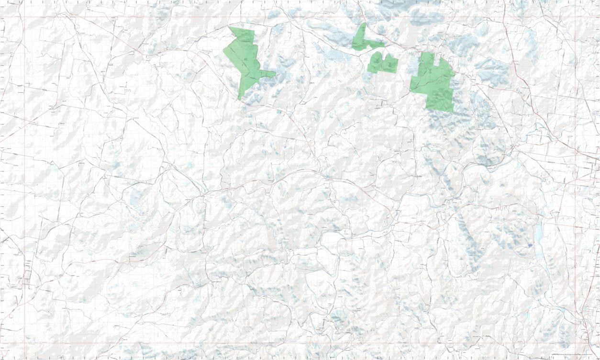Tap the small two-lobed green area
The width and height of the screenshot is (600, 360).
(x=382, y=64)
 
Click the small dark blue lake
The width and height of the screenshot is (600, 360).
(x=530, y=245)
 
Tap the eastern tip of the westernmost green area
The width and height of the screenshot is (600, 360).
(x=276, y=73)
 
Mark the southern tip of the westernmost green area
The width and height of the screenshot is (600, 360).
(x=239, y=100)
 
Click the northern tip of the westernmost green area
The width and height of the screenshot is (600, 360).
(x=230, y=27)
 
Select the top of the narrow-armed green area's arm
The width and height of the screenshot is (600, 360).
(x=364, y=23)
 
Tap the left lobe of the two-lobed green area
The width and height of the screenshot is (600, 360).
(x=375, y=63)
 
